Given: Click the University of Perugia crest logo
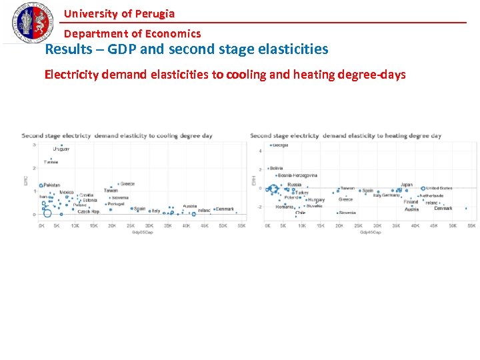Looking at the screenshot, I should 31,22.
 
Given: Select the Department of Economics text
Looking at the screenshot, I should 132,33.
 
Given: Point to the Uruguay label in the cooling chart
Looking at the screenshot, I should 61,149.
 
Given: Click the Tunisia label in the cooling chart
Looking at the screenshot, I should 51,162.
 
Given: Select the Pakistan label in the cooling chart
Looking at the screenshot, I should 51,185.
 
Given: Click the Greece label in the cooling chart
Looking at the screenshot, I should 127,184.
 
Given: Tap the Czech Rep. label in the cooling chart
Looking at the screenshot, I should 88,211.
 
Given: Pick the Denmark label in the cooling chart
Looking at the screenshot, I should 225,209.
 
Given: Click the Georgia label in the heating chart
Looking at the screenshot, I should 280,145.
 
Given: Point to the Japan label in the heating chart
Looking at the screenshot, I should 407,185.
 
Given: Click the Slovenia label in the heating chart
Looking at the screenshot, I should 347,213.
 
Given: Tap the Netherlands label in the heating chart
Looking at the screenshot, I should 431,196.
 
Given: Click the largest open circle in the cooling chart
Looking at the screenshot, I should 47,213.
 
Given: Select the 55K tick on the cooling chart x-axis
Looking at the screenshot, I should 241,225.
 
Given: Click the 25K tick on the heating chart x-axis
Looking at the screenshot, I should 358,225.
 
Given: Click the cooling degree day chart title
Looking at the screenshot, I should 117,135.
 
